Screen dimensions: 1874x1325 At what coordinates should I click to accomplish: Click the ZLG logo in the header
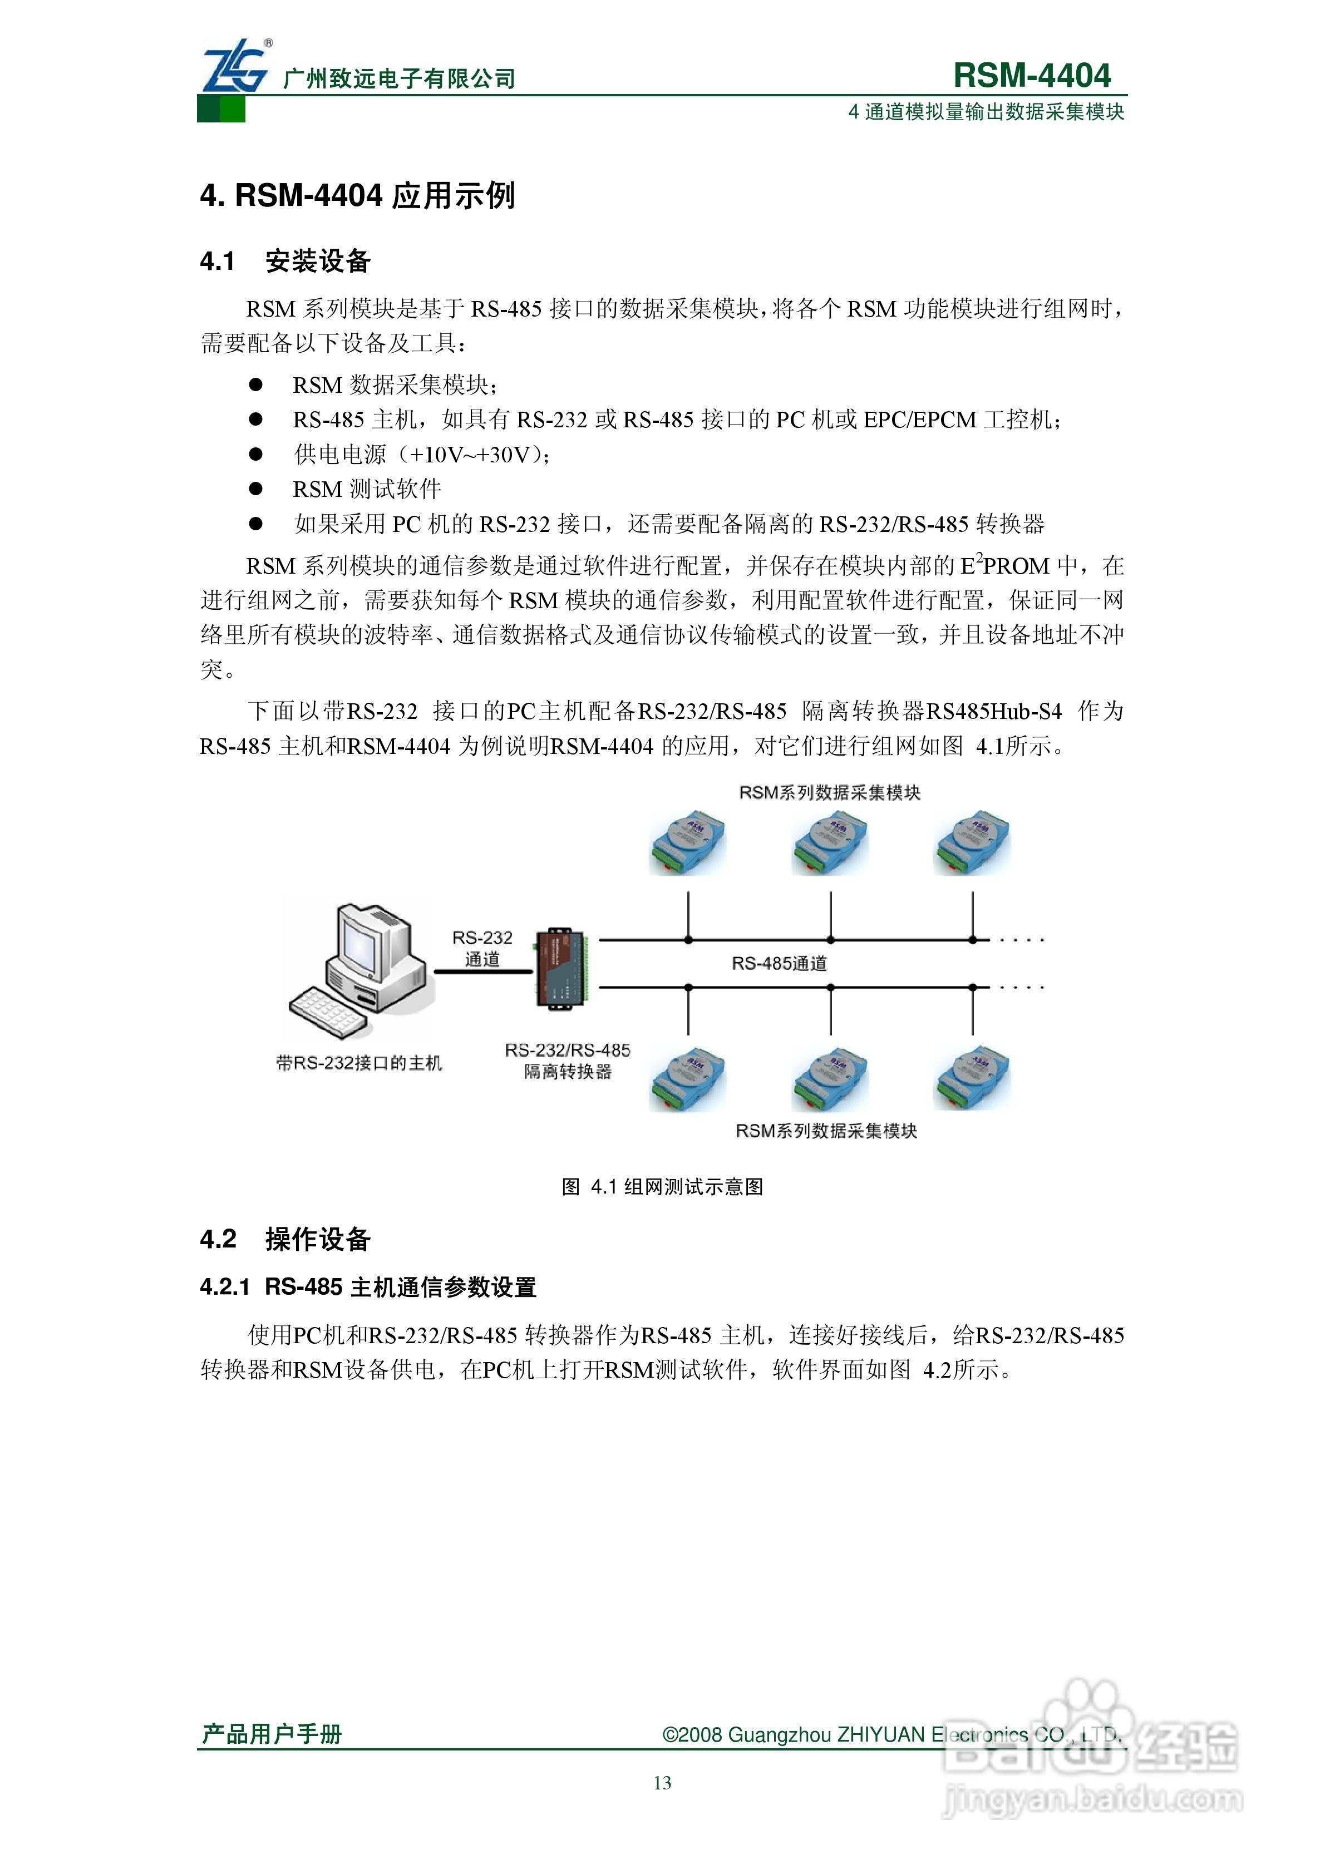(x=235, y=67)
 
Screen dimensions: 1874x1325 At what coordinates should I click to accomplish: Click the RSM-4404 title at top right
(x=1031, y=75)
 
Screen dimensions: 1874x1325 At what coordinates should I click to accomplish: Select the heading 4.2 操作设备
(x=285, y=1239)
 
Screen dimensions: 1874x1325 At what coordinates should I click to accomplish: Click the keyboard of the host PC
(x=327, y=1013)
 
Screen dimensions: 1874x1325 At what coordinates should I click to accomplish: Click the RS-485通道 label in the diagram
(x=779, y=964)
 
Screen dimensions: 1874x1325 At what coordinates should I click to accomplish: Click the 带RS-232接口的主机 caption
(x=359, y=1063)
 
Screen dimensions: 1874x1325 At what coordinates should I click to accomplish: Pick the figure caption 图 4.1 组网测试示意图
(x=662, y=1187)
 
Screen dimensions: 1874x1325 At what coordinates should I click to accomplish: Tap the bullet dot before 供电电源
(x=255, y=454)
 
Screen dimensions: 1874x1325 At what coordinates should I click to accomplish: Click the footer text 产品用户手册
(x=272, y=1734)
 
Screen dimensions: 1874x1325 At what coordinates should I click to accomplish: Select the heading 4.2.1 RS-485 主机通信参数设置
(x=368, y=1287)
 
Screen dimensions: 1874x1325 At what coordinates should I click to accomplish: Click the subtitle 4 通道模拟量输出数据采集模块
(x=986, y=112)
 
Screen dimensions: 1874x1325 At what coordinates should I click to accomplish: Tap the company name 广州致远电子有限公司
(x=399, y=79)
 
